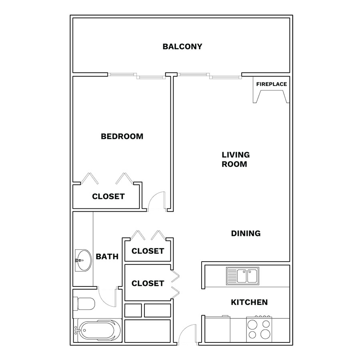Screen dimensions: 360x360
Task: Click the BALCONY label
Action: (x=182, y=47)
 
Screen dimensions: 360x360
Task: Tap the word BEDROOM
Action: (x=122, y=136)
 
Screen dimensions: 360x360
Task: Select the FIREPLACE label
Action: (x=271, y=84)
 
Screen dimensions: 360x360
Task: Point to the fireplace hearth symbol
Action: (x=271, y=96)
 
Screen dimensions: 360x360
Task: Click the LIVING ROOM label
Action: (x=236, y=159)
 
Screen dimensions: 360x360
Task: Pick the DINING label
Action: (x=246, y=234)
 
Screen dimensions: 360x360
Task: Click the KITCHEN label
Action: (x=249, y=302)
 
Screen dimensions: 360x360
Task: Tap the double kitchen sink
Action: (x=242, y=276)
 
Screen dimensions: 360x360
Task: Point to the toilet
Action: (x=84, y=304)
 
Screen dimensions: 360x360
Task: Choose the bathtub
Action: (x=98, y=330)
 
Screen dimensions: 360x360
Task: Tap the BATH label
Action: (x=107, y=256)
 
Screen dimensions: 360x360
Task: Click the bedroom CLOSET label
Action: (x=108, y=196)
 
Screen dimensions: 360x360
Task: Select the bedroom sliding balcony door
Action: (x=137, y=76)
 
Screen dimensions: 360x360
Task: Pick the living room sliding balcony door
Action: (x=209, y=76)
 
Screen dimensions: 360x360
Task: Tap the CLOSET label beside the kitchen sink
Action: (x=148, y=284)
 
